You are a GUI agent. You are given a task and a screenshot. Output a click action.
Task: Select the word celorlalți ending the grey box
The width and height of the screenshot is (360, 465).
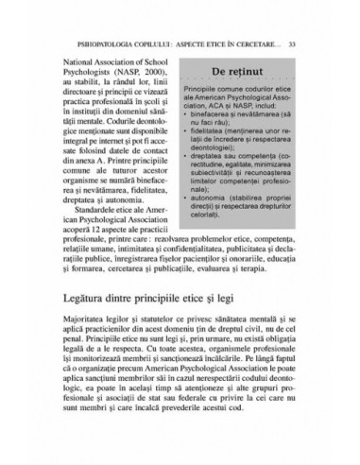pyautogui.click(x=236, y=235)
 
